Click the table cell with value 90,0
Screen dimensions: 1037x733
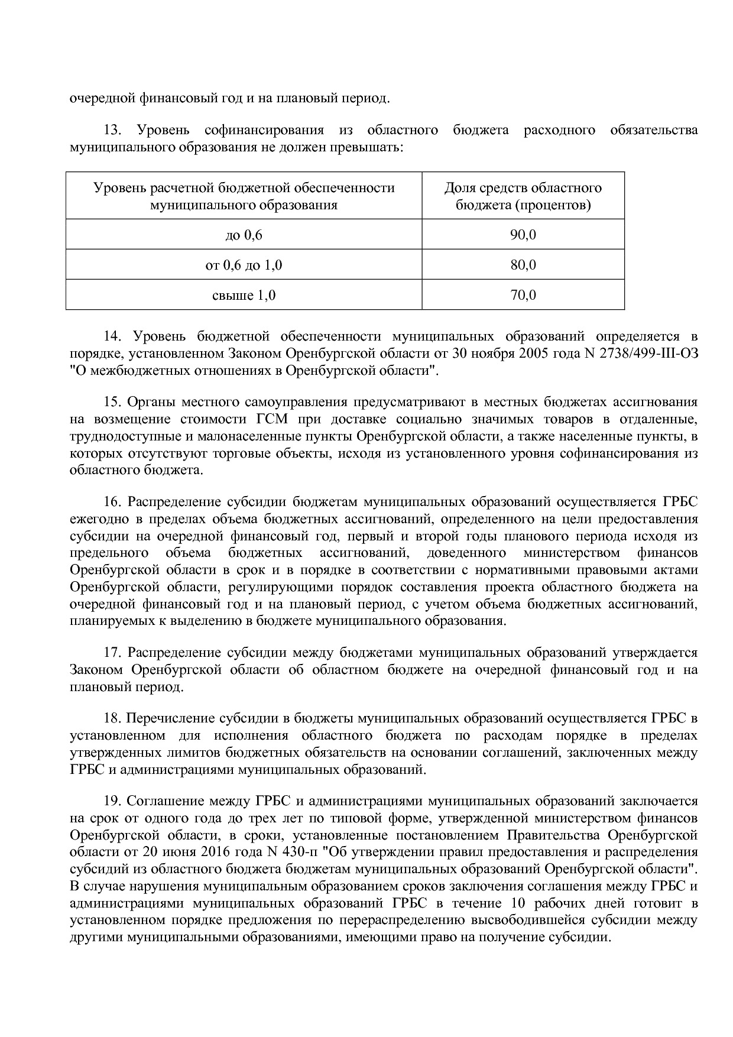[x=523, y=235]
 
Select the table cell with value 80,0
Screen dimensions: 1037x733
[x=523, y=264]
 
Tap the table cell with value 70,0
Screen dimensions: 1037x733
[x=523, y=294]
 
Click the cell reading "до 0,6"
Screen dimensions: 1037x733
[x=244, y=235]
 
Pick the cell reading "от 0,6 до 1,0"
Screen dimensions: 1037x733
[x=244, y=264]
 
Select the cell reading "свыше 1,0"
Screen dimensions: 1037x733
[x=244, y=294]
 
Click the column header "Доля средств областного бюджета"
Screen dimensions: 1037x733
[x=523, y=196]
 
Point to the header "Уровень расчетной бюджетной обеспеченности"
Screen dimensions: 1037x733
[x=244, y=196]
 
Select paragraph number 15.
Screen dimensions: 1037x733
[x=112, y=402]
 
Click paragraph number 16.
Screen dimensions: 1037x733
[x=112, y=502]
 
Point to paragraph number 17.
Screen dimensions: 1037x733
[x=112, y=653]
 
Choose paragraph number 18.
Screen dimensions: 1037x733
[x=112, y=718]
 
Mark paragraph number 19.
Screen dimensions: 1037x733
[x=112, y=801]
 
